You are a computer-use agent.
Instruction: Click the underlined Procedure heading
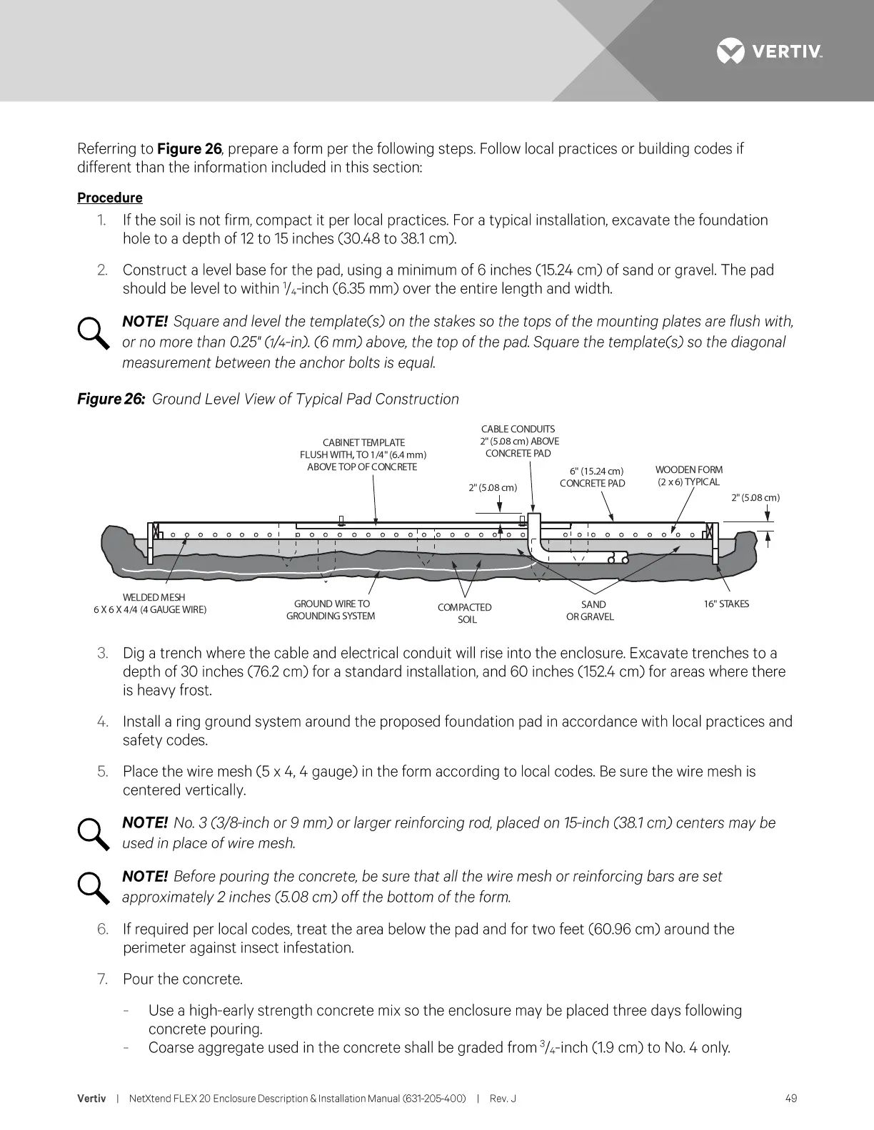coord(110,198)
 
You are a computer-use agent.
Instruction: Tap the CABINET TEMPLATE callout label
coord(363,454)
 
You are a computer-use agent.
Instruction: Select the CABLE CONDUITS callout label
coord(518,441)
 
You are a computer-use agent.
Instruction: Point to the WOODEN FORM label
coord(689,476)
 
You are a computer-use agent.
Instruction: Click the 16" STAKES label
coord(726,604)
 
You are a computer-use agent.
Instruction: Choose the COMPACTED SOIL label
coord(465,614)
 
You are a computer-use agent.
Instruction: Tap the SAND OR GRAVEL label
coord(591,611)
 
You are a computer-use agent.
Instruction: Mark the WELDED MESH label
coord(151,604)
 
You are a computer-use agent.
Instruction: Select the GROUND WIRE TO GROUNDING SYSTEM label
coord(331,610)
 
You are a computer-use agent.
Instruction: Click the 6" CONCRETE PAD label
coord(592,477)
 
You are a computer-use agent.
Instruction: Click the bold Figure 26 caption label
coord(111,399)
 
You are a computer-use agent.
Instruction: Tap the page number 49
coord(790,1099)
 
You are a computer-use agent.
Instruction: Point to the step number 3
coord(103,653)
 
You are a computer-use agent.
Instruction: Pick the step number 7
coord(103,979)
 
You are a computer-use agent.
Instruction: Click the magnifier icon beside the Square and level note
coord(93,333)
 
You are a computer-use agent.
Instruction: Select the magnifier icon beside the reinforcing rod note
coord(93,834)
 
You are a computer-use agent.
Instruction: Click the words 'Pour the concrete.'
coord(183,979)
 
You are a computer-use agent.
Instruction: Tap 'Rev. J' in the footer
coord(503,1099)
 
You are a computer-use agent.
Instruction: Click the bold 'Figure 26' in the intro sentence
coord(189,149)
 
